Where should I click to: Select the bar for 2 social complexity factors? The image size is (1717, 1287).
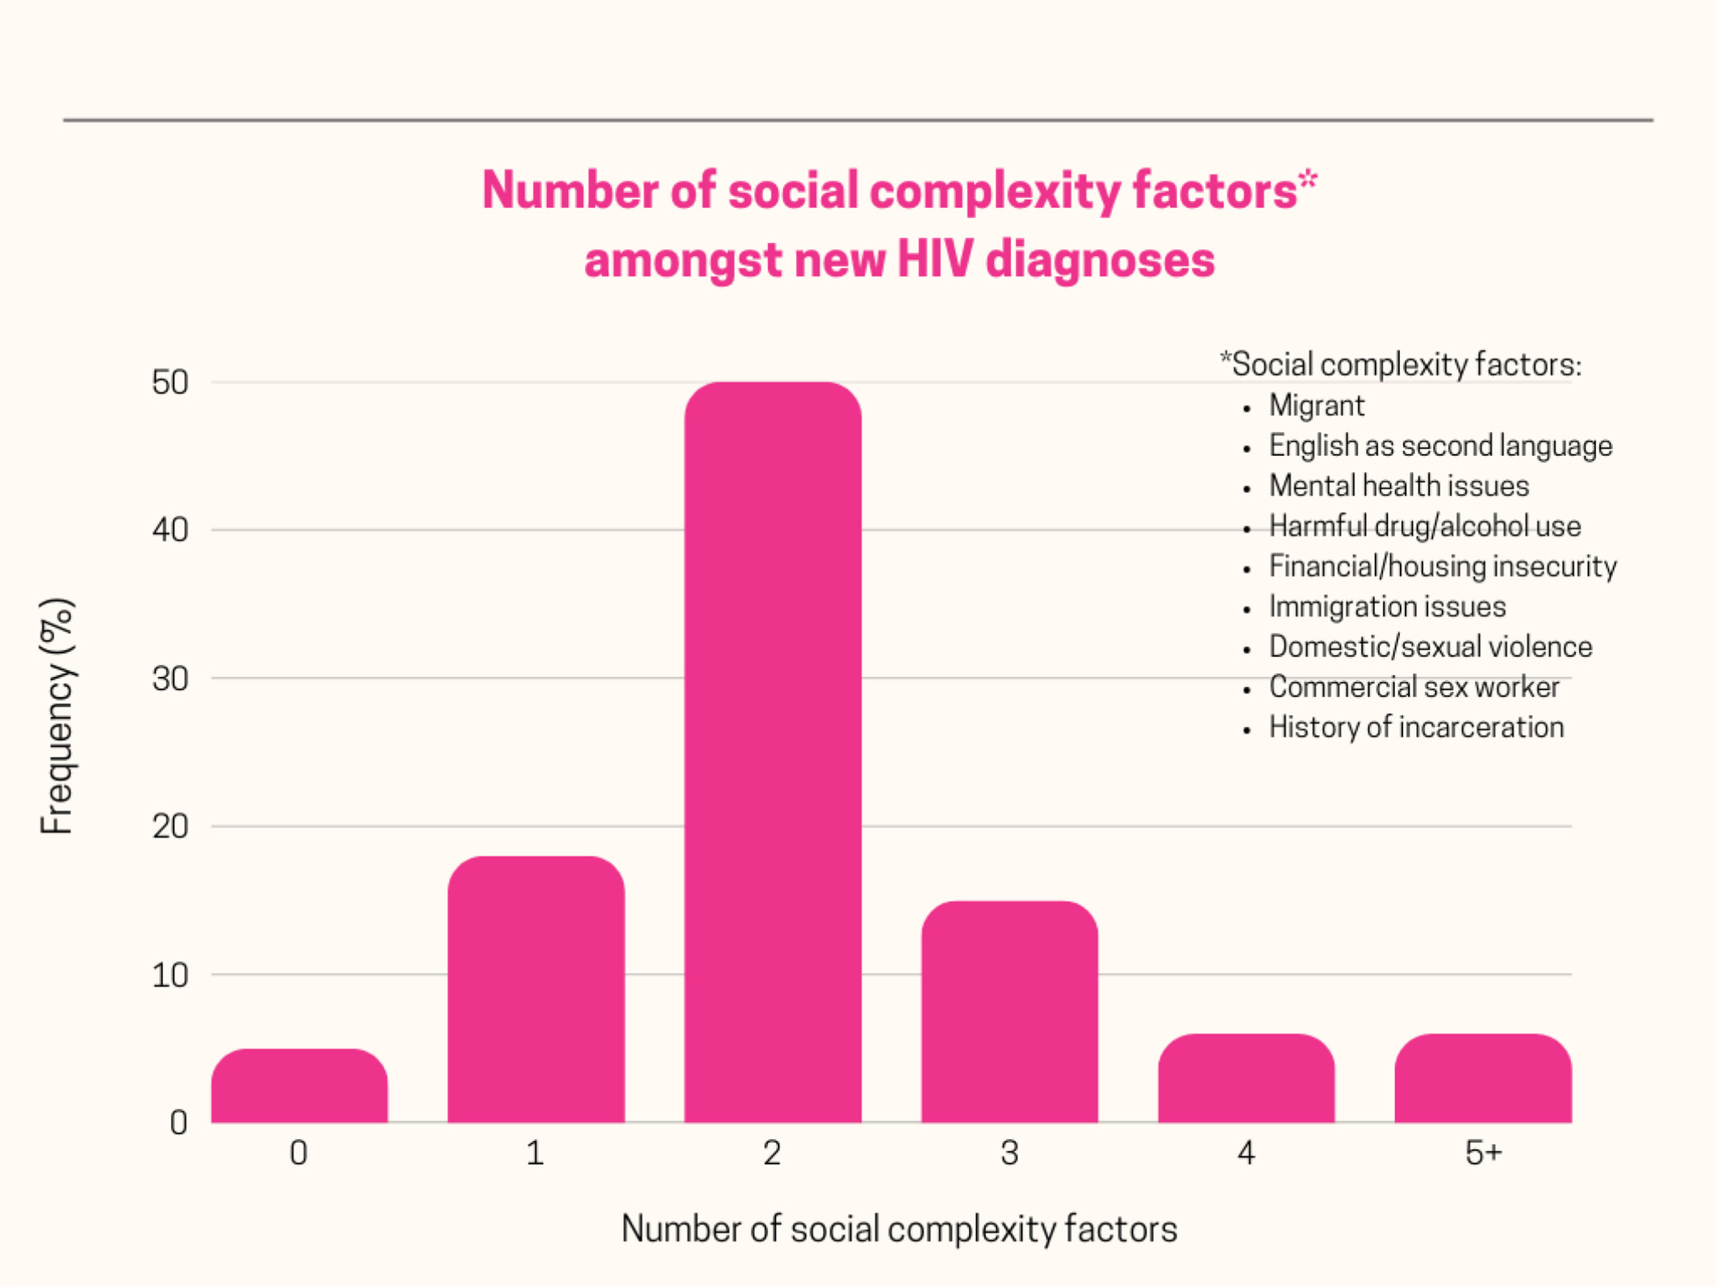tap(772, 750)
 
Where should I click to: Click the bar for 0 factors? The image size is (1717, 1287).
tap(299, 1086)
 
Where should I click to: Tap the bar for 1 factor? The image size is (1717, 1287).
tap(536, 989)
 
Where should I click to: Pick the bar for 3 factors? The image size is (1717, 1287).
tap(1009, 1012)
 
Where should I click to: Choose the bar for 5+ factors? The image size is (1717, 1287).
tap(1483, 1078)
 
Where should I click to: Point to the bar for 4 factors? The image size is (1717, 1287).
tap(1246, 1078)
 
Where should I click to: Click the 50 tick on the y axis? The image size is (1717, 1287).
tap(169, 382)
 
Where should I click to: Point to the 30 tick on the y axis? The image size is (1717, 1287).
tap(169, 679)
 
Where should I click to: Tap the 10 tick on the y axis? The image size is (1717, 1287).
tap(169, 976)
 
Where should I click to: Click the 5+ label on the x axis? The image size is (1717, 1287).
tap(1483, 1153)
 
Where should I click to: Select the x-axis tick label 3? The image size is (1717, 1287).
tap(1009, 1153)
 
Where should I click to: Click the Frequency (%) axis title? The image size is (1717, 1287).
tap(57, 716)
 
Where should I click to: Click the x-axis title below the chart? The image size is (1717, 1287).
tap(899, 1229)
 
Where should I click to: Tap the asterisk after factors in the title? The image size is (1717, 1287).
tap(1308, 179)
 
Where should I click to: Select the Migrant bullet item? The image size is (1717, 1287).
tap(1316, 405)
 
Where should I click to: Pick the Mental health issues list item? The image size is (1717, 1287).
tap(1398, 486)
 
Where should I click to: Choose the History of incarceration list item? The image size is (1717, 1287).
tap(1416, 727)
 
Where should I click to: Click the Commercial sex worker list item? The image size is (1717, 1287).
tap(1414, 687)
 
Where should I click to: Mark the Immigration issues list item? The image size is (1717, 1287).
tap(1387, 606)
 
